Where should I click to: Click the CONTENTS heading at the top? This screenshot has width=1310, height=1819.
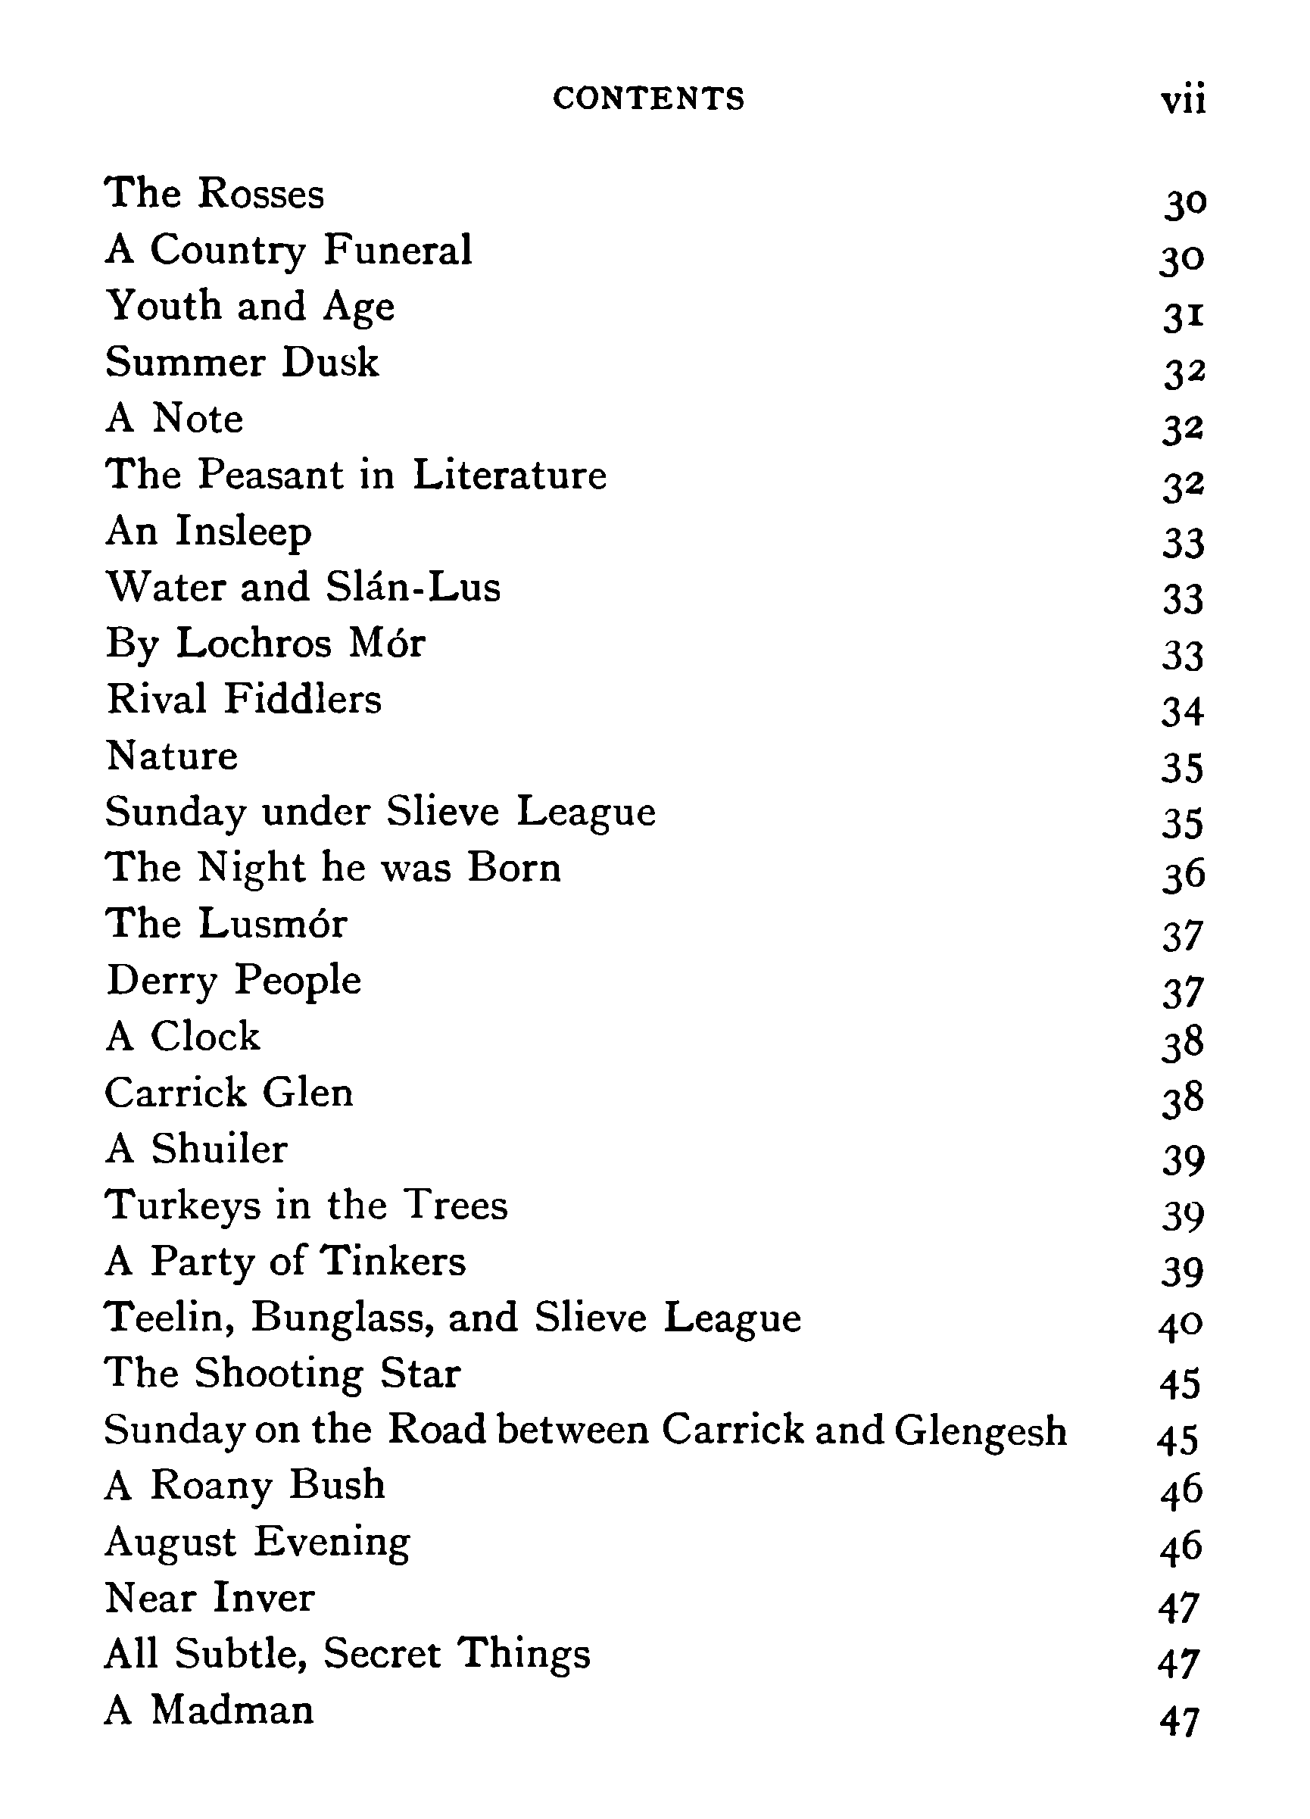(x=648, y=98)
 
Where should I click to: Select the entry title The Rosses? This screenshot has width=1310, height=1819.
(x=214, y=193)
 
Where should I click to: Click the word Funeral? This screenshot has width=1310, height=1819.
(x=398, y=249)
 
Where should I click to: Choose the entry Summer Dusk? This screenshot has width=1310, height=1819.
(x=242, y=362)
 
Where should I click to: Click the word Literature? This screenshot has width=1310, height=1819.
(x=510, y=474)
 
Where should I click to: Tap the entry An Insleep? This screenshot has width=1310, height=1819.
(x=208, y=531)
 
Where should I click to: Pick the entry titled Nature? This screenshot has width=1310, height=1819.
(x=172, y=756)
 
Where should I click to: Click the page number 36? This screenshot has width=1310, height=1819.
(x=1184, y=874)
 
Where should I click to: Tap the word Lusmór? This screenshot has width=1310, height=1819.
(x=273, y=923)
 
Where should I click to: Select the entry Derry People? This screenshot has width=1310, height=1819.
(x=233, y=980)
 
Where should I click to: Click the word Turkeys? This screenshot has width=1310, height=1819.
(x=183, y=1206)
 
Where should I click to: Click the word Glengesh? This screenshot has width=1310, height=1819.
(x=981, y=1431)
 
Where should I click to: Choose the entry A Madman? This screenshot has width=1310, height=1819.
(x=208, y=1710)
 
